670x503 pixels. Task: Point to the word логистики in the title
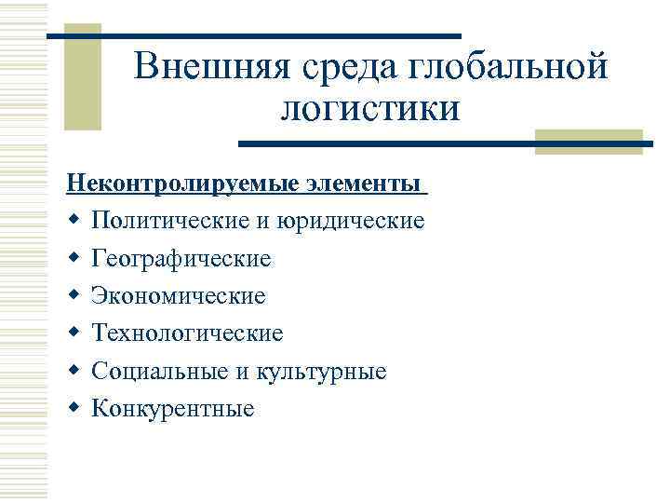(369, 109)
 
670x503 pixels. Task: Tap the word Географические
(181, 258)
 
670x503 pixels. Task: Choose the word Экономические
(179, 296)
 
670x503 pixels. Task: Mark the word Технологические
(187, 333)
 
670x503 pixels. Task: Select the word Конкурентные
(172, 409)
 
